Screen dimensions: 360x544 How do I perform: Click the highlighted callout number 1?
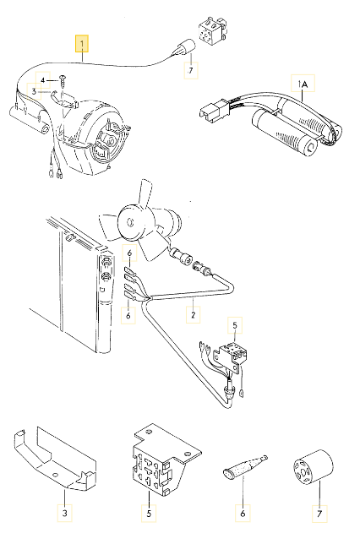point(82,44)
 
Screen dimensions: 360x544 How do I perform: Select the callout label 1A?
point(303,84)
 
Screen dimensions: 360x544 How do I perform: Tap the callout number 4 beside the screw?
point(43,80)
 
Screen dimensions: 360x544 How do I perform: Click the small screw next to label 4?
point(63,80)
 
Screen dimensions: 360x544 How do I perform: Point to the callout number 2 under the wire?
point(193,315)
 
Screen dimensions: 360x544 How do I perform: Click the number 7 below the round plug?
point(191,70)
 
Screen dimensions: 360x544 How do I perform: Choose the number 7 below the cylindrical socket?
point(319,513)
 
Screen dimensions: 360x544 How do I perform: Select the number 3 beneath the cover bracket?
point(64,513)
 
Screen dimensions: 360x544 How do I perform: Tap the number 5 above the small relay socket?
point(235,325)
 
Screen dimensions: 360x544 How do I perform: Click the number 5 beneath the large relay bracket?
point(149,513)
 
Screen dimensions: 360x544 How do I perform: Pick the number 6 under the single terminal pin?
point(243,513)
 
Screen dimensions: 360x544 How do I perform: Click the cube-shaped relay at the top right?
point(212,30)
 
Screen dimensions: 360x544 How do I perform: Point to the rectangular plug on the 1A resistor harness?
point(213,109)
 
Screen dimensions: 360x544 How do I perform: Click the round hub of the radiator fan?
point(129,221)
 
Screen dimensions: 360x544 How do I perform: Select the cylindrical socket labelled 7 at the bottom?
point(314,467)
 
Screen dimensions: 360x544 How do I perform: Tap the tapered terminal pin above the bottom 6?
point(245,465)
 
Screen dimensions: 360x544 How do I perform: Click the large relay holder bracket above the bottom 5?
point(166,459)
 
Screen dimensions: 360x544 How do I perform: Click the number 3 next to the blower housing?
point(34,92)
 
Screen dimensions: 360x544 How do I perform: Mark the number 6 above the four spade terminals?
point(129,253)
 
